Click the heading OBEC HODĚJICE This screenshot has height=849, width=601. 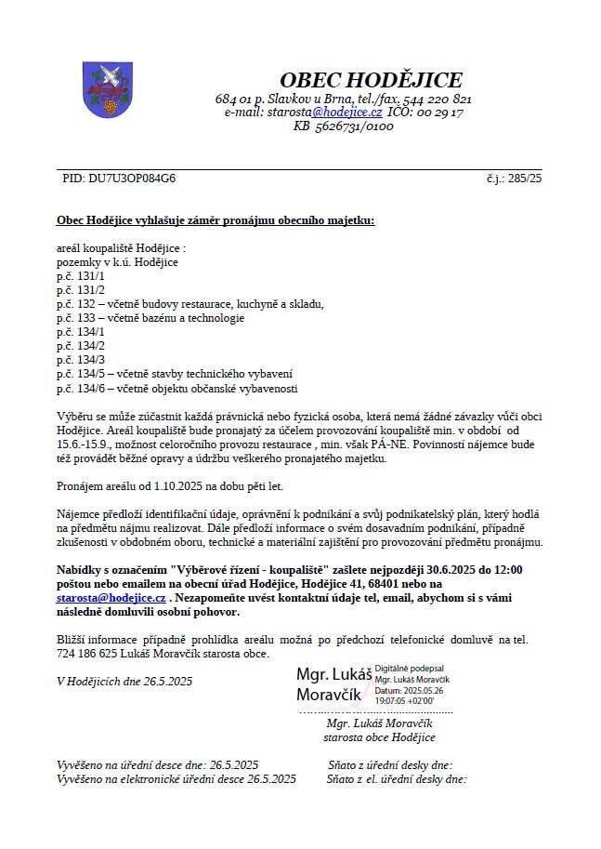371,80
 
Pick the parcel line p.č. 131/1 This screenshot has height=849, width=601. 81,277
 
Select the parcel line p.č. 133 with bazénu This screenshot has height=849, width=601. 150,318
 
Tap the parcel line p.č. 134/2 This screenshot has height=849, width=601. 81,345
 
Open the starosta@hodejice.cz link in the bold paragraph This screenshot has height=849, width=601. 111,598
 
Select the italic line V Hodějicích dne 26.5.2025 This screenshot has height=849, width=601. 124,681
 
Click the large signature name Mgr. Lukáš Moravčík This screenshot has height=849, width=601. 333,683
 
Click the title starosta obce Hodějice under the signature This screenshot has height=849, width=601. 379,736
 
